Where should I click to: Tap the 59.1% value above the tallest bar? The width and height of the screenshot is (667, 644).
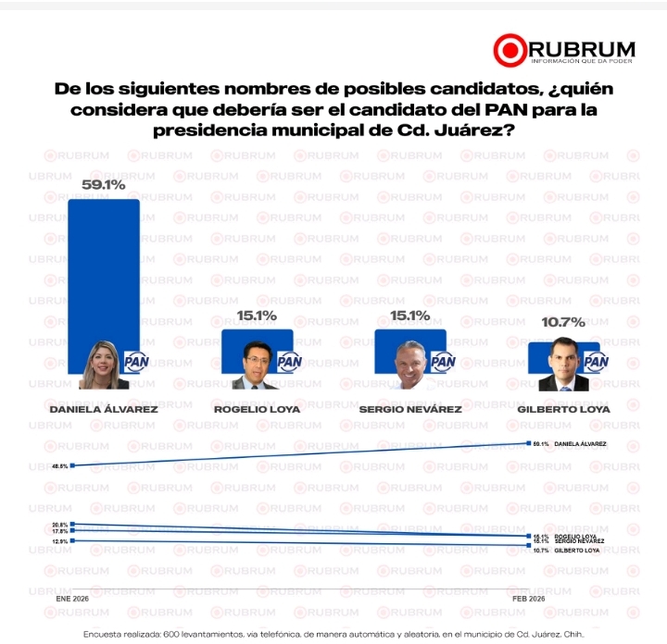click(x=104, y=185)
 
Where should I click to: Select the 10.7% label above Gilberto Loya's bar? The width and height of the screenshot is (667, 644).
click(x=565, y=322)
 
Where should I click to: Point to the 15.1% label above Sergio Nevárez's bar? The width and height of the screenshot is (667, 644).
click(x=410, y=316)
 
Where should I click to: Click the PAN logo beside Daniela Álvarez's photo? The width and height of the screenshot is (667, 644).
click(x=136, y=363)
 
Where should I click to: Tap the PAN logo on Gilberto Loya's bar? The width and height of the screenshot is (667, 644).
click(x=595, y=362)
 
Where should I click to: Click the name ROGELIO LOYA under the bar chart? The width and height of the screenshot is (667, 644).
click(x=258, y=407)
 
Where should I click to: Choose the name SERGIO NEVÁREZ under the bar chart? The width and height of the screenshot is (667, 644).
click(x=410, y=407)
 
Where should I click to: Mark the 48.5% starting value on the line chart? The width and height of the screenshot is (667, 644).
click(x=60, y=465)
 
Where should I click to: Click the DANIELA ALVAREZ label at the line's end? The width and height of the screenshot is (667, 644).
click(x=580, y=444)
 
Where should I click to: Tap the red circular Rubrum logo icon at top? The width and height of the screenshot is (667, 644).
click(x=509, y=50)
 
